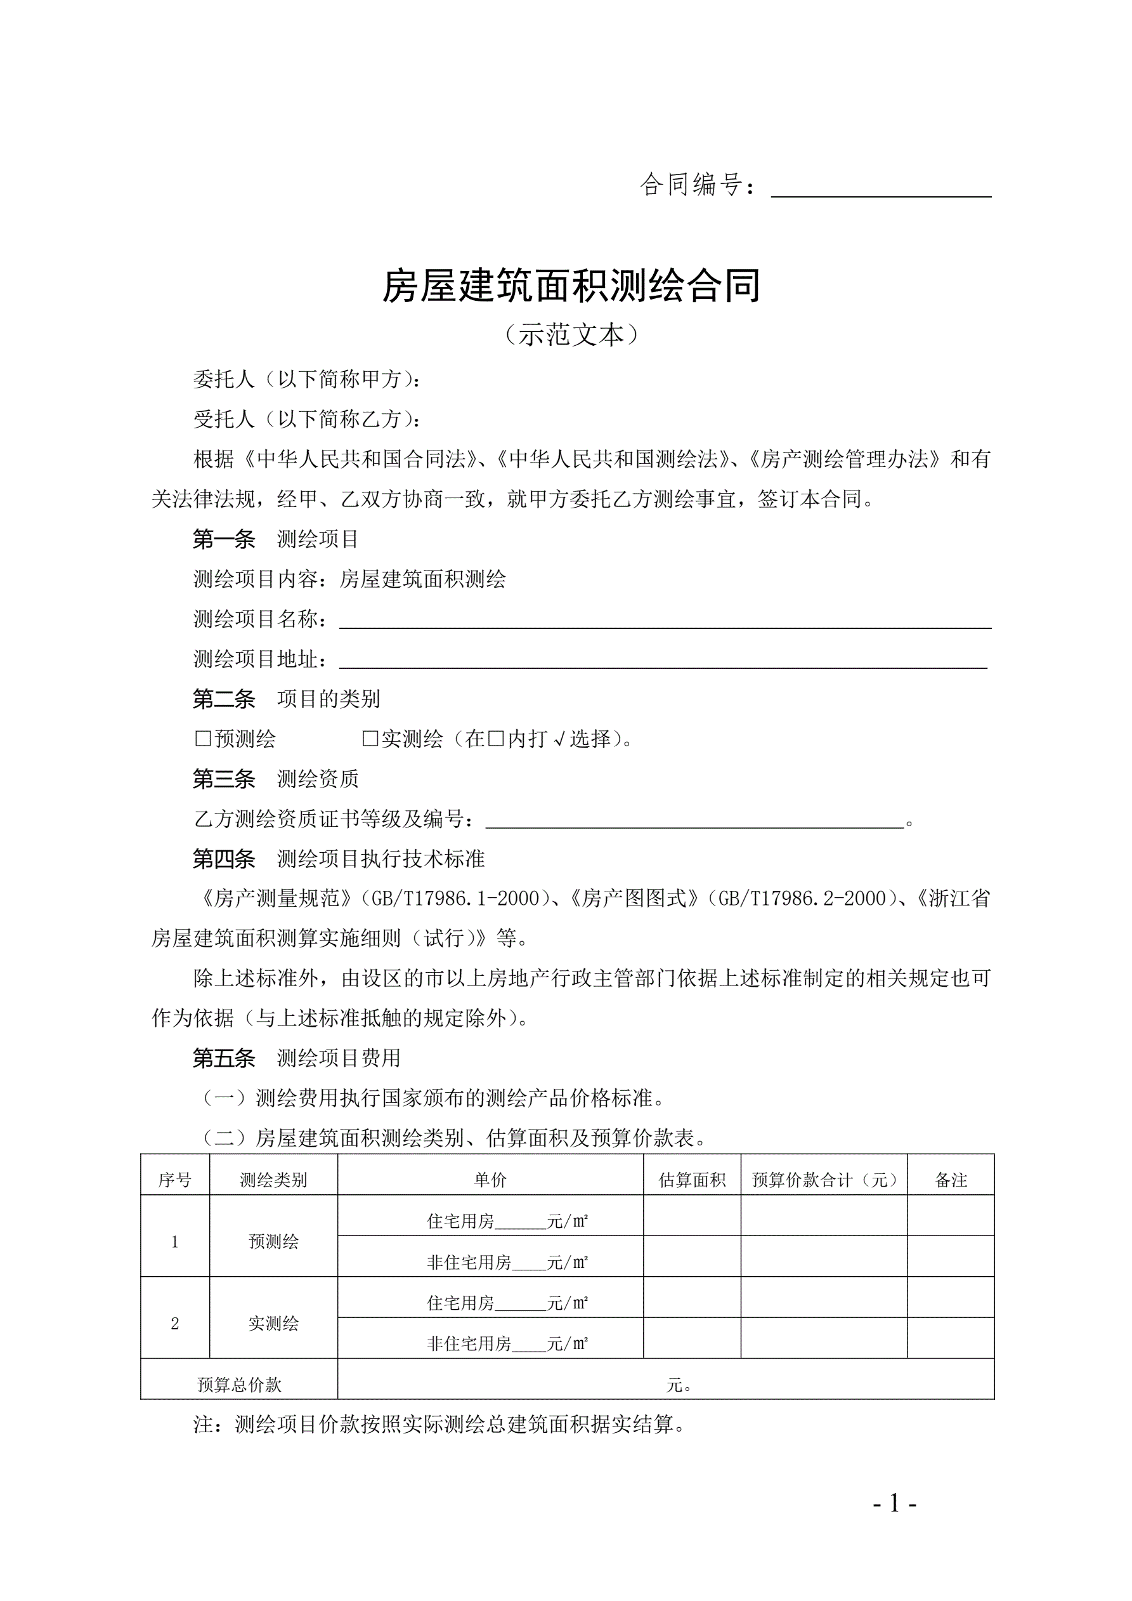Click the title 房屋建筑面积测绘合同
click(x=571, y=286)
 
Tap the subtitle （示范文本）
click(x=571, y=336)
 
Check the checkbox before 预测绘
click(x=203, y=739)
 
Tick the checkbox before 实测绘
click(x=370, y=739)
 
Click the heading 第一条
click(x=224, y=539)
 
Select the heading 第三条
click(x=224, y=779)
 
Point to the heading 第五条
click(x=224, y=1058)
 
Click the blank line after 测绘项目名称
click(x=664, y=621)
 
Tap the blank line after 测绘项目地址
click(x=662, y=661)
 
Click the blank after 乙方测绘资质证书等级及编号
click(x=694, y=820)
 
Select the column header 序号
click(x=175, y=1180)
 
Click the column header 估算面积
click(x=692, y=1180)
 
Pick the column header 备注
click(x=951, y=1180)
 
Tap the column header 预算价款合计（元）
click(x=824, y=1180)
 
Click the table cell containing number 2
click(x=175, y=1324)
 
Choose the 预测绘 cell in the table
click(x=273, y=1242)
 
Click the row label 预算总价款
click(x=239, y=1385)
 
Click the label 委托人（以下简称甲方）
click(x=307, y=379)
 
